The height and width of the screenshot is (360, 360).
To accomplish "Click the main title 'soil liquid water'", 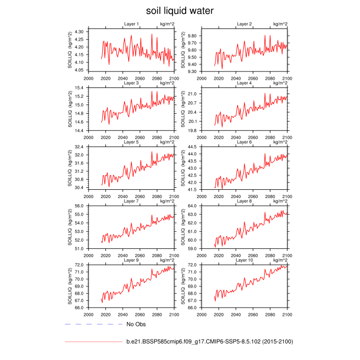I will point(179,10).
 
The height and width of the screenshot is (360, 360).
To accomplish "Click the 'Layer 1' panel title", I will point(131,24).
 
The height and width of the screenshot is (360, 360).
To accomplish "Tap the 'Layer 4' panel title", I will point(244,83).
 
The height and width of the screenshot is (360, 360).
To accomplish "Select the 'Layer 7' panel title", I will point(131,201).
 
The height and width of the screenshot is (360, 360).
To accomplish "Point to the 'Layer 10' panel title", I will point(245,260).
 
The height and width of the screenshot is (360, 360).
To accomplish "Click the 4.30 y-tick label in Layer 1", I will point(79,32).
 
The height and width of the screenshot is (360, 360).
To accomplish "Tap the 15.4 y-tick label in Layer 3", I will point(80,88).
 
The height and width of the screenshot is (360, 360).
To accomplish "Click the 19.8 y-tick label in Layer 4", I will point(193,131).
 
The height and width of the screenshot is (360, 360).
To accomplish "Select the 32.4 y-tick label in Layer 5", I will point(80,147).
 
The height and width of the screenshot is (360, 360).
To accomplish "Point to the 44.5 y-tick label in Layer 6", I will point(193,147).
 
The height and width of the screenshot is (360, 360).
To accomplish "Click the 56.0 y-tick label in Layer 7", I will point(80,206).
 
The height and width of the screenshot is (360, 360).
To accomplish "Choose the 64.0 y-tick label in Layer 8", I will point(193,206).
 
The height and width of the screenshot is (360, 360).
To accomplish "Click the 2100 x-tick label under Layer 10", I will point(286,313).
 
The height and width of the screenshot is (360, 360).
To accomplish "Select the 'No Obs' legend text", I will point(136,325).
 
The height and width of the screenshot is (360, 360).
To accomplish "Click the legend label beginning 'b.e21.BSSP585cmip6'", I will point(210,341).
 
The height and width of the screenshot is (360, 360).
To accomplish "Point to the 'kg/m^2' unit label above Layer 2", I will point(280,24).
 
